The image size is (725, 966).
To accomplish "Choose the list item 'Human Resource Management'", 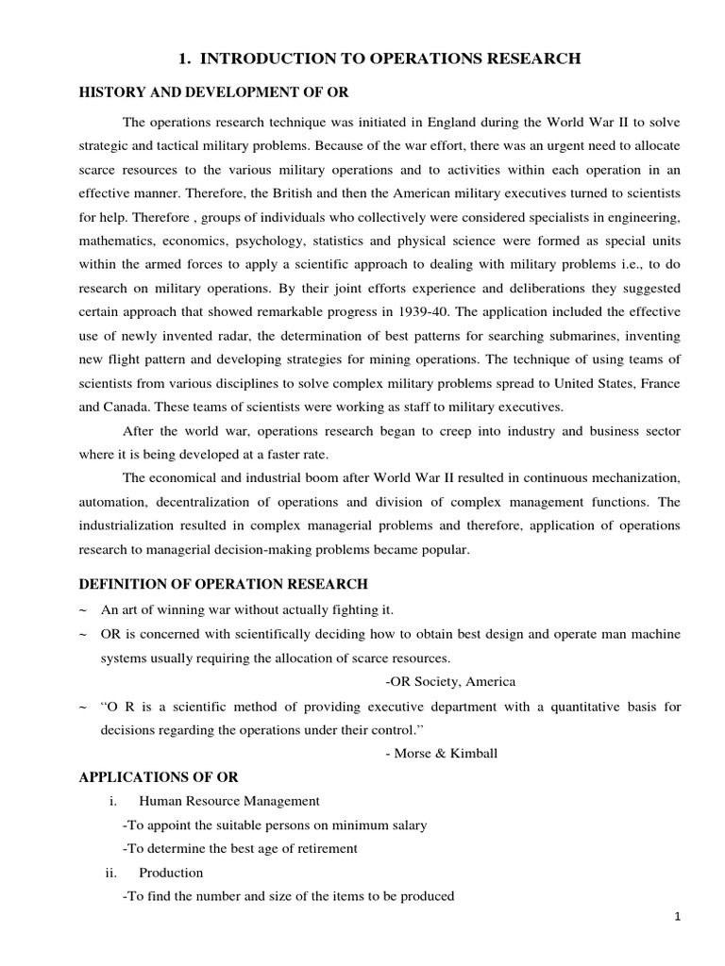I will (x=228, y=801).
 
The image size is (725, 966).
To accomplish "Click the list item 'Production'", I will (x=170, y=873).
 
